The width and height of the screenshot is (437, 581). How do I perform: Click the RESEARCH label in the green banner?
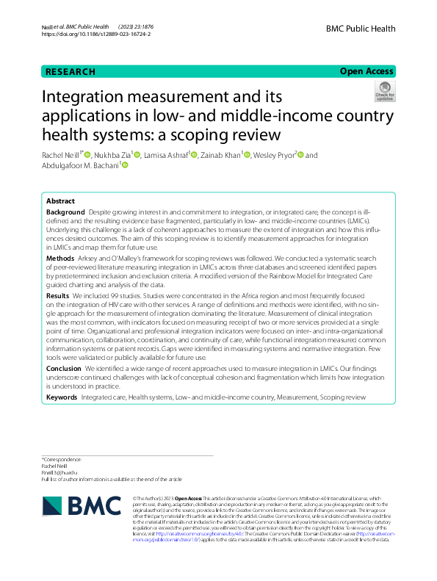click(71, 72)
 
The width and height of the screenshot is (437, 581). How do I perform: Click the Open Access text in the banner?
click(367, 71)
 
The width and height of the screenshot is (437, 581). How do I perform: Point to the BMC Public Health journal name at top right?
click(360, 29)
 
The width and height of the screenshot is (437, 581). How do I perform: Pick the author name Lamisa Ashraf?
click(166, 155)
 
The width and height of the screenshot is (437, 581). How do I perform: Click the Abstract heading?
click(60, 201)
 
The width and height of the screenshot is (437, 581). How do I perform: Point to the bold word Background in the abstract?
click(65, 212)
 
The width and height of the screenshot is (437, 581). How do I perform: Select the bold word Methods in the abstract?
click(60, 259)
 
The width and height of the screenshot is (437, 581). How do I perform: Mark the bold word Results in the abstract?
click(59, 295)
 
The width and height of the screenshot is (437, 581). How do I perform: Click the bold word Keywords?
click(62, 397)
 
